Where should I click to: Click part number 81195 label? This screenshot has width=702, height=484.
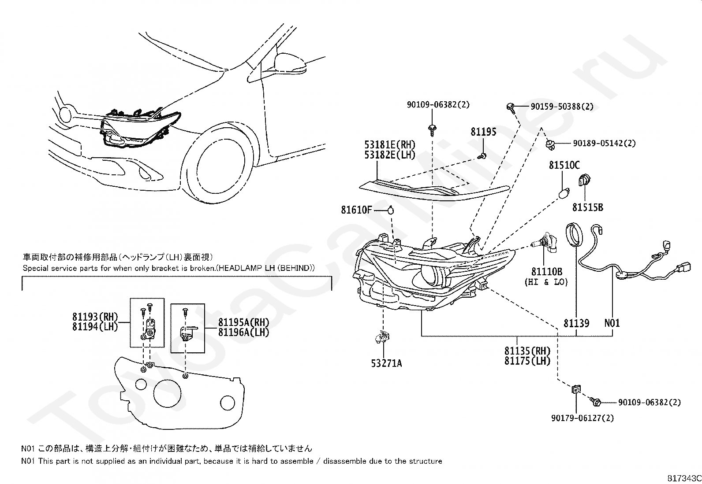(x=483, y=132)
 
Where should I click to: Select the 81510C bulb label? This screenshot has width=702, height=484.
(x=564, y=165)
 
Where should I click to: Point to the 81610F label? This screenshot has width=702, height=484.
(x=356, y=210)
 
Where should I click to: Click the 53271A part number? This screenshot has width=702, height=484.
(x=386, y=363)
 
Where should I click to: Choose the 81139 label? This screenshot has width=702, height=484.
(x=576, y=323)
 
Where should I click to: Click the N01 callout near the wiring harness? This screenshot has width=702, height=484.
(x=612, y=323)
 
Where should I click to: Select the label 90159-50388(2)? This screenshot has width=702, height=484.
(x=562, y=107)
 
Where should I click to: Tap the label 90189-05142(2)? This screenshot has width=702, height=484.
(x=604, y=143)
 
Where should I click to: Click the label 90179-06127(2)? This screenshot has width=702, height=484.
(x=582, y=418)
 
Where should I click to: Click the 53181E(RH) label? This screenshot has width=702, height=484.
(x=390, y=144)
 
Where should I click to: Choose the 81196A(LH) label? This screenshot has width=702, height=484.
(x=243, y=332)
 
